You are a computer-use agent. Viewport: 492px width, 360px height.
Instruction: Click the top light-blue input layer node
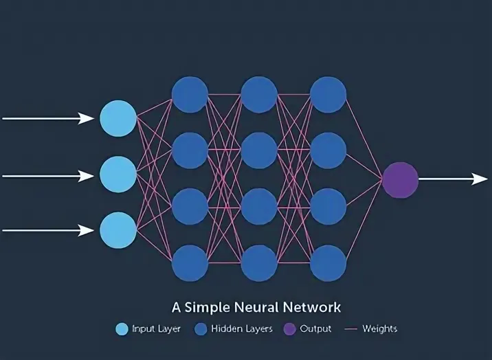click(x=118, y=118)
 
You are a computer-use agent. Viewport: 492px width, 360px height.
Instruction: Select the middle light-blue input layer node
click(x=118, y=175)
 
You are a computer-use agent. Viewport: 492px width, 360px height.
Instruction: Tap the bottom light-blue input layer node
click(x=118, y=230)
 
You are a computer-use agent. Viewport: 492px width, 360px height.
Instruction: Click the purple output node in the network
click(x=400, y=180)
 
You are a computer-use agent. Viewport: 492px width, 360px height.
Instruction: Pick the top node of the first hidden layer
click(x=190, y=94)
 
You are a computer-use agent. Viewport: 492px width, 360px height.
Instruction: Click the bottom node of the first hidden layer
click(x=190, y=263)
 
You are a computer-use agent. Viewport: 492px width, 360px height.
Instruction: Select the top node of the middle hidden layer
click(x=259, y=94)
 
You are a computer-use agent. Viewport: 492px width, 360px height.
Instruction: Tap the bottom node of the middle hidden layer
click(x=259, y=263)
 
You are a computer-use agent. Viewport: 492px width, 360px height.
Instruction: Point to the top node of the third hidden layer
click(x=328, y=94)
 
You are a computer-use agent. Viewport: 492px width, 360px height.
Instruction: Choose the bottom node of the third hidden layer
click(x=328, y=263)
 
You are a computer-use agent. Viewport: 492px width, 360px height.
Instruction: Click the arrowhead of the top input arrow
click(x=87, y=119)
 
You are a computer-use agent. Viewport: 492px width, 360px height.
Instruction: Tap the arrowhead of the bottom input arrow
click(x=87, y=230)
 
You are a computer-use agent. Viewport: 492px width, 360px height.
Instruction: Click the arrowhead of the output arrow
click(x=480, y=179)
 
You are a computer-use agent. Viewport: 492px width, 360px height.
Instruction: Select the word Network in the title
click(x=312, y=307)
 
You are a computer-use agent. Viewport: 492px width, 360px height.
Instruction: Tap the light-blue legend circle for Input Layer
click(x=122, y=329)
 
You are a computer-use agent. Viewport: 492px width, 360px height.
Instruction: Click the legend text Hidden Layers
click(x=242, y=329)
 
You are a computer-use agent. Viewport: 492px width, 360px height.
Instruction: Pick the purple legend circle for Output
click(x=289, y=329)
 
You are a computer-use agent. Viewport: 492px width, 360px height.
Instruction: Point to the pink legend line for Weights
click(x=351, y=329)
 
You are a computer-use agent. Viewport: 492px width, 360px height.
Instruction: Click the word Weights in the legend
click(x=380, y=329)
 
